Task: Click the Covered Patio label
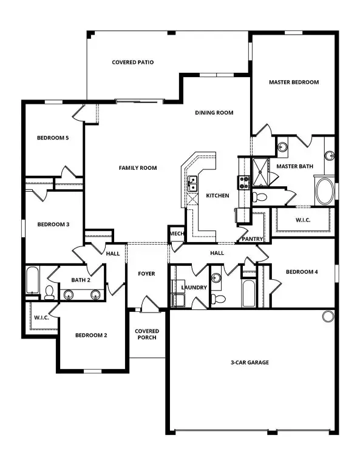(133, 62)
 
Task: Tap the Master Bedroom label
(294, 82)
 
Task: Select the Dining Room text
(214, 113)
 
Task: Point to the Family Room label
(138, 168)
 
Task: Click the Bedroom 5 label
(53, 138)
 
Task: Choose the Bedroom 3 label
(53, 225)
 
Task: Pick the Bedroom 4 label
(302, 272)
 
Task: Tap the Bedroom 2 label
(91, 335)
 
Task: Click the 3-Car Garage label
(249, 363)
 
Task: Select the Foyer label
(146, 274)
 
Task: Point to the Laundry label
(194, 287)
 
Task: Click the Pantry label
(251, 239)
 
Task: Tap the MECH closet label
(177, 234)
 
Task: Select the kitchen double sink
(192, 180)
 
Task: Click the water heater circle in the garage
(328, 316)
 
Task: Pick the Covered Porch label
(147, 334)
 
